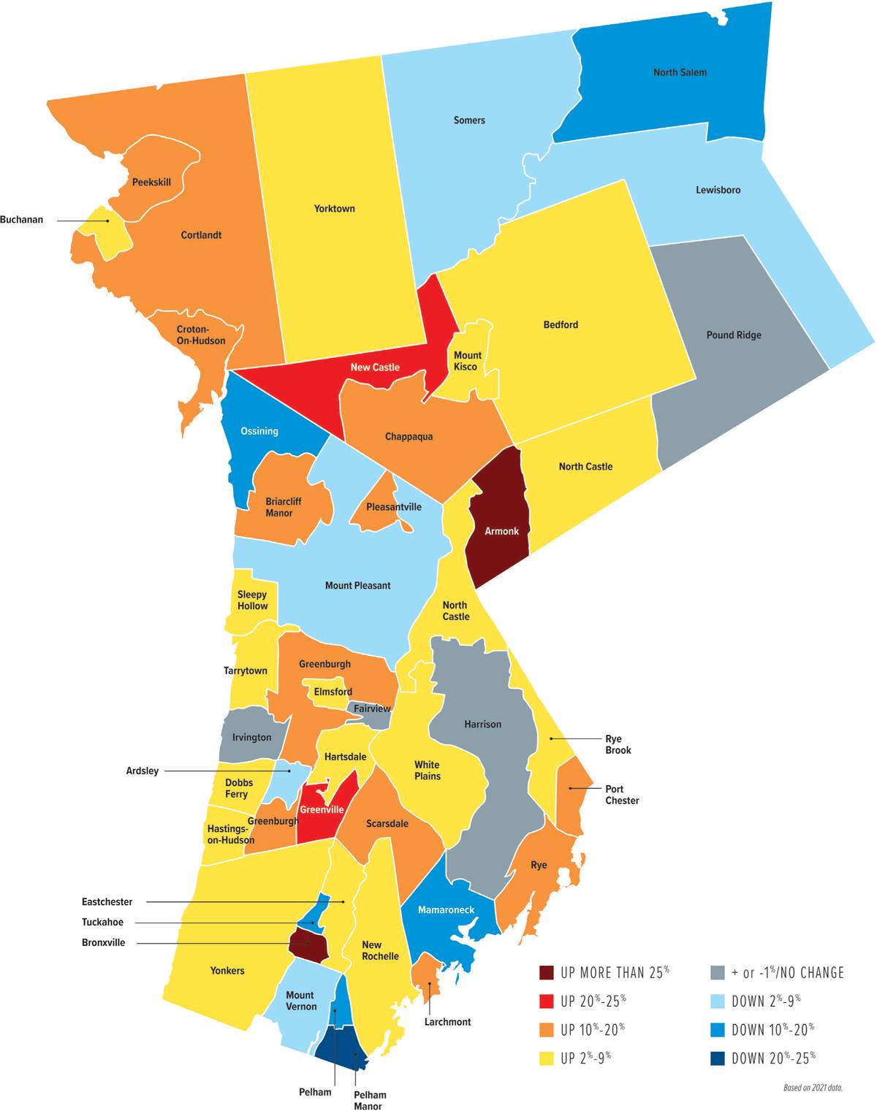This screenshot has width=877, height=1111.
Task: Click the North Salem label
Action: point(680,72)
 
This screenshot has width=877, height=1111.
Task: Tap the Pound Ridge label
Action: point(734,335)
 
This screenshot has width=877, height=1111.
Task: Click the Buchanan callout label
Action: point(22,220)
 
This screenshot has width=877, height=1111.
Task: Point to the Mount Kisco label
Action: point(467,361)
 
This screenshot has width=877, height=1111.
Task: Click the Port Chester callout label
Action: point(622,795)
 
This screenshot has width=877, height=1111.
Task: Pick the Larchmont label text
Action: point(447,1022)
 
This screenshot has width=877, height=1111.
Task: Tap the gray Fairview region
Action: point(372,710)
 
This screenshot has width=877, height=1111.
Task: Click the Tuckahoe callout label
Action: point(102,923)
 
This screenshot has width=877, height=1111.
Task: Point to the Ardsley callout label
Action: point(142,771)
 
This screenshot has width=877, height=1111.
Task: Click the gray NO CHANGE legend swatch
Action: point(718,973)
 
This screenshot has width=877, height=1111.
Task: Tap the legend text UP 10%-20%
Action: point(593,1030)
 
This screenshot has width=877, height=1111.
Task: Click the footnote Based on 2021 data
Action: point(813,1088)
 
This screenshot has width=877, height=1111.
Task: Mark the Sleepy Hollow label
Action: point(252,600)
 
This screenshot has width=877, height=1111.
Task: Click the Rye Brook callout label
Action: point(618,744)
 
